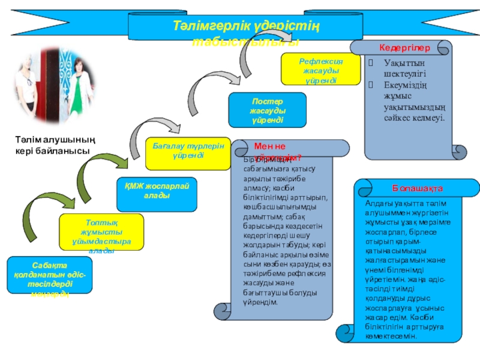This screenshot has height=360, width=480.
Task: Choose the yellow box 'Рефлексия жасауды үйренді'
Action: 321,68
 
